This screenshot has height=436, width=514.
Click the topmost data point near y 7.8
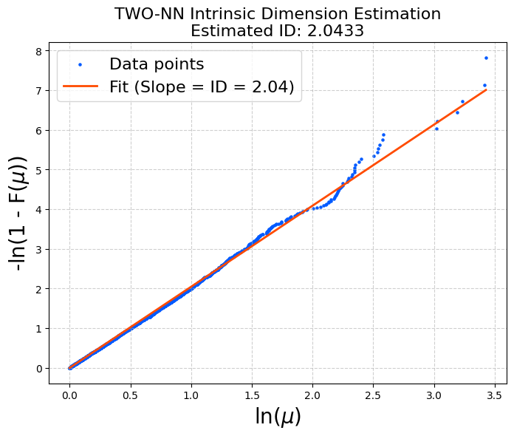point(486,58)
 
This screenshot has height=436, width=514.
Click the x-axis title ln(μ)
point(278,416)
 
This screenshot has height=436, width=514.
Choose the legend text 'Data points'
point(157,64)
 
